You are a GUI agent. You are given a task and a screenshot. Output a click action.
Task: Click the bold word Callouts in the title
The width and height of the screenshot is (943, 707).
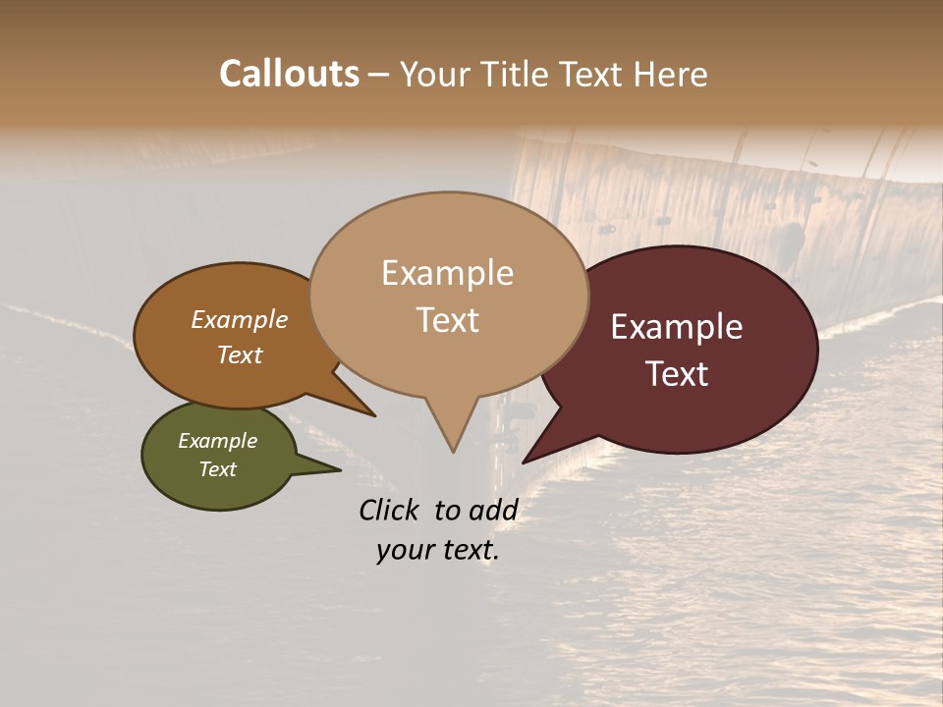click(x=289, y=74)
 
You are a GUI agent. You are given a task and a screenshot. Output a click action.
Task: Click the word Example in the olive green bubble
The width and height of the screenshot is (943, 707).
click(x=217, y=441)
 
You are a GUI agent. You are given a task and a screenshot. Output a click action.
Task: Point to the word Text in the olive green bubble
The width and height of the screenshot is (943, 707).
click(x=217, y=469)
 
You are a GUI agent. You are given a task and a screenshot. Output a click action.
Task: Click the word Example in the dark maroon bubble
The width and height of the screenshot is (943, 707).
click(x=677, y=327)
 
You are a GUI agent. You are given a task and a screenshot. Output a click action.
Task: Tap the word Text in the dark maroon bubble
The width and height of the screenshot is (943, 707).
click(x=677, y=374)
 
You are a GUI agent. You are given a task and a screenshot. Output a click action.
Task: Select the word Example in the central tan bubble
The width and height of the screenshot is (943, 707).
click(x=447, y=273)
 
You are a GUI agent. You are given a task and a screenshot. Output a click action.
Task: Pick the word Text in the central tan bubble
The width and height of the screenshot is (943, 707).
click(x=447, y=320)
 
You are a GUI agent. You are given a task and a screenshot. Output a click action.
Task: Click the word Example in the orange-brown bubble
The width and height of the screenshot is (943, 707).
click(x=239, y=320)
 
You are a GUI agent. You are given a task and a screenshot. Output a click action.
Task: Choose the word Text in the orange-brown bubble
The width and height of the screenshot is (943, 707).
click(x=239, y=354)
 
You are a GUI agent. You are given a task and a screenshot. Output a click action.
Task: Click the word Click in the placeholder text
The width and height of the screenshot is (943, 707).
click(x=390, y=510)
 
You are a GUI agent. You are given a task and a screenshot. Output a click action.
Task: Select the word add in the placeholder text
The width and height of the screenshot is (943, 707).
click(x=494, y=510)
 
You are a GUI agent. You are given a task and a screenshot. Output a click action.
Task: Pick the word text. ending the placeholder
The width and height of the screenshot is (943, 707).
click(x=469, y=550)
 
